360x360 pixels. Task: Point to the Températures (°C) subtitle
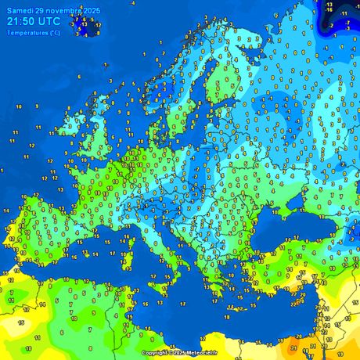tap(32, 33)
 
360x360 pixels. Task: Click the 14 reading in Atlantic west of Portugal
tap(7, 211)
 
